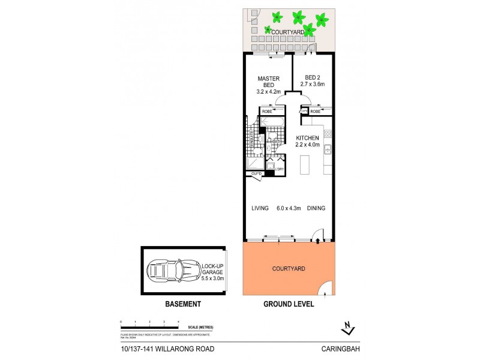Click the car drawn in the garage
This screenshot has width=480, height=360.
[170, 271]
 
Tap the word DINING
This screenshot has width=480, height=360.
[316, 209]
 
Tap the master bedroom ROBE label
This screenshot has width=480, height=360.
[267, 111]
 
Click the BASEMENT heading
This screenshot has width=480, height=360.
[183, 304]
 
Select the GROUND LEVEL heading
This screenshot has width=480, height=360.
[289, 304]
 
